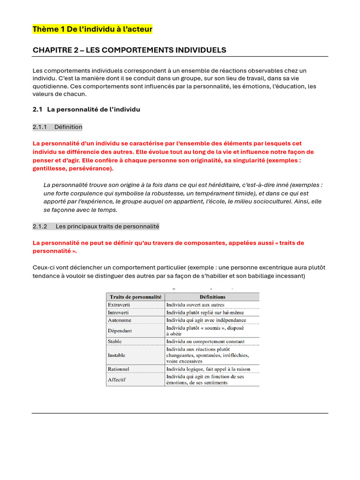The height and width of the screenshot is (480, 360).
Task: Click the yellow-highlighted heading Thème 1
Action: (92, 30)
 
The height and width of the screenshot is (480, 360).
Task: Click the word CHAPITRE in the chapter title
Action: (52, 50)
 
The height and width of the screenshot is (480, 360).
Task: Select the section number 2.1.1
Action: (40, 127)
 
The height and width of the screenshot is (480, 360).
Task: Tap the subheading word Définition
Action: (68, 127)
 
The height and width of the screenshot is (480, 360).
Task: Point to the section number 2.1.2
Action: (40, 226)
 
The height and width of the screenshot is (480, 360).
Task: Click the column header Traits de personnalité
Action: (135, 297)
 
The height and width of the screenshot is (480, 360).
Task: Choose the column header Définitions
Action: (212, 297)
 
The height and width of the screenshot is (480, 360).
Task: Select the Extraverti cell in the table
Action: (119, 305)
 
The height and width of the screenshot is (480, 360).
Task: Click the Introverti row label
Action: (119, 312)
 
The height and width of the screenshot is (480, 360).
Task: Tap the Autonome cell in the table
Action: (120, 320)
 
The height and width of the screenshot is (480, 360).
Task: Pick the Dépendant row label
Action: (120, 330)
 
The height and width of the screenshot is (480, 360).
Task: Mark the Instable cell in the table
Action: (117, 355)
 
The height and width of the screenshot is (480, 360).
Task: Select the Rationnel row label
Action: (119, 369)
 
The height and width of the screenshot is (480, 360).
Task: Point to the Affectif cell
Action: (117, 379)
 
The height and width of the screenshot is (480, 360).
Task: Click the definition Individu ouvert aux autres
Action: (195, 305)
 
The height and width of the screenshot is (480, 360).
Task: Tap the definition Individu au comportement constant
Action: (205, 341)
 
